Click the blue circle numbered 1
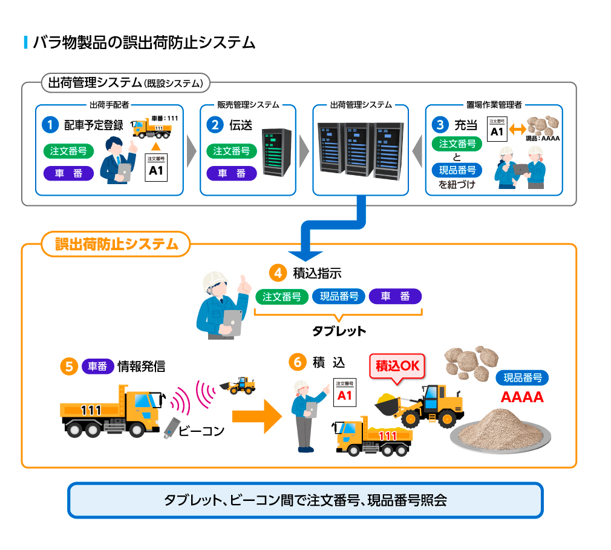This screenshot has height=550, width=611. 49,125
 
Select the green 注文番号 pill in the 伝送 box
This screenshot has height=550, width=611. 232,151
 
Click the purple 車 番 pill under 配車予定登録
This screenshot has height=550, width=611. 68,173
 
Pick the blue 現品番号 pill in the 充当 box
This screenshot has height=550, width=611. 457,170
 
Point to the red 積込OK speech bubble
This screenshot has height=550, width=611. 397,366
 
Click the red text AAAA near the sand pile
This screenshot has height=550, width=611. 521,398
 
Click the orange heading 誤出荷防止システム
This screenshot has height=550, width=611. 116,244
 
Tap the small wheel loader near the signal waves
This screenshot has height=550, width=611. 238,385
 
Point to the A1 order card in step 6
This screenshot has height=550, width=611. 344,392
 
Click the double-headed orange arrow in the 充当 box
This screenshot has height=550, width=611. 516,130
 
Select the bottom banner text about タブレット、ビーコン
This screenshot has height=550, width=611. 305,500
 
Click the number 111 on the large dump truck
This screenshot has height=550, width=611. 91,411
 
